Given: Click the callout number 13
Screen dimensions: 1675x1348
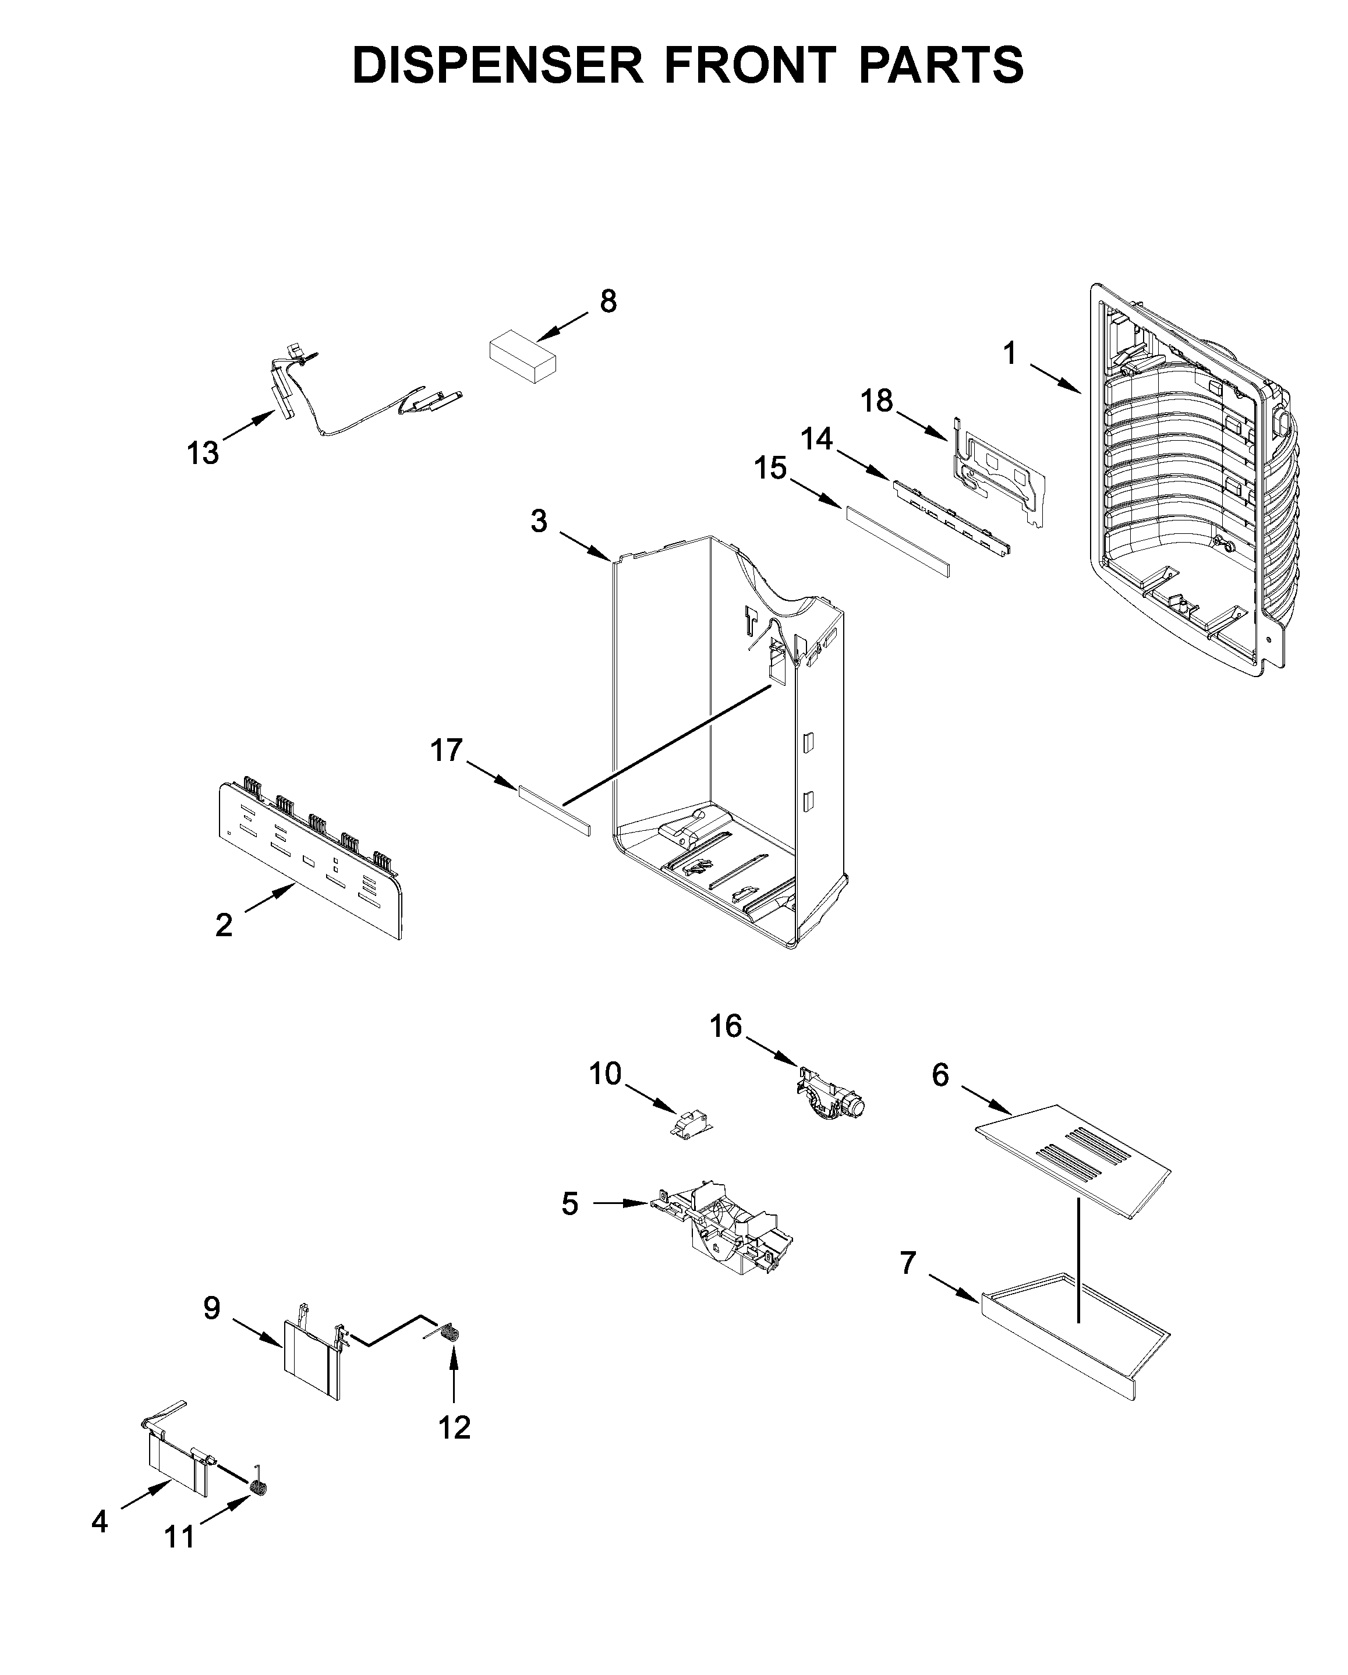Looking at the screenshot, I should [203, 453].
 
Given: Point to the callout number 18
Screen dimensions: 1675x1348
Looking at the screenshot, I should [876, 401].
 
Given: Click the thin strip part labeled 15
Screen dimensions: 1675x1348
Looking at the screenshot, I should [897, 541].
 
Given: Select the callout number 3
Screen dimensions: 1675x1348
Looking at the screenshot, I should [539, 521].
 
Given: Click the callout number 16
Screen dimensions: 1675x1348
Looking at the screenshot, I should [726, 1026].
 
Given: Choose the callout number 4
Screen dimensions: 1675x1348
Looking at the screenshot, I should [100, 1521].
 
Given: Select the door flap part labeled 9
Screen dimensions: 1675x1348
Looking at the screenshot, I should [311, 1359].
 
